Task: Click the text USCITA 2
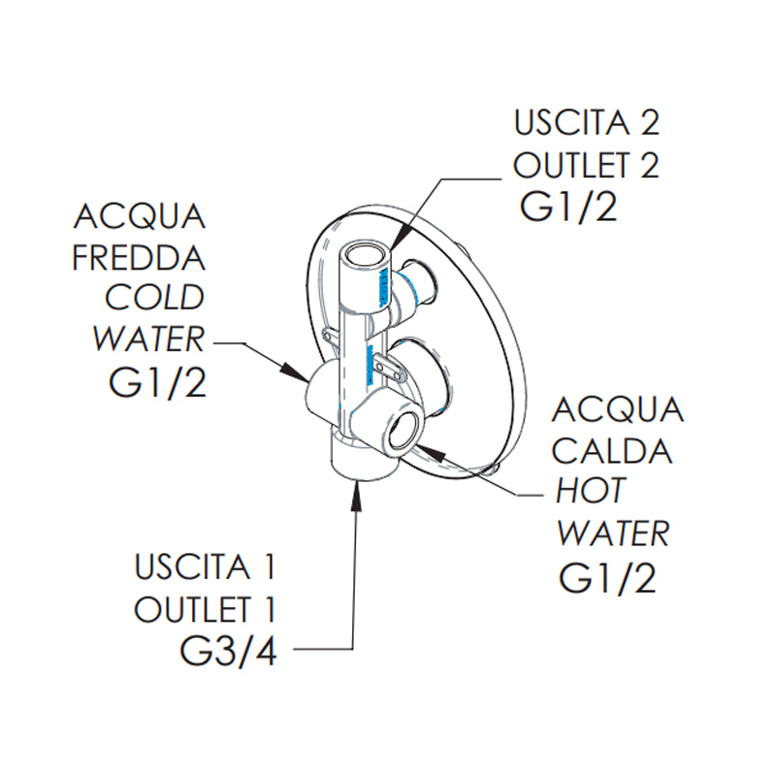pyautogui.click(x=587, y=124)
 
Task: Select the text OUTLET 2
pyautogui.click(x=587, y=166)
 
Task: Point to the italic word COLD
pyautogui.click(x=155, y=298)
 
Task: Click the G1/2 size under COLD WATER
pyautogui.click(x=158, y=383)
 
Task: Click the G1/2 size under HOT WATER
pyautogui.click(x=608, y=578)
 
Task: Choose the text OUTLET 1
pyautogui.click(x=206, y=609)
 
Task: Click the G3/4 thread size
pyautogui.click(x=229, y=651)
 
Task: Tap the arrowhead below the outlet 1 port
pyautogui.click(x=355, y=489)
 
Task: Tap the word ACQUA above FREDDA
pyautogui.click(x=139, y=215)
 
